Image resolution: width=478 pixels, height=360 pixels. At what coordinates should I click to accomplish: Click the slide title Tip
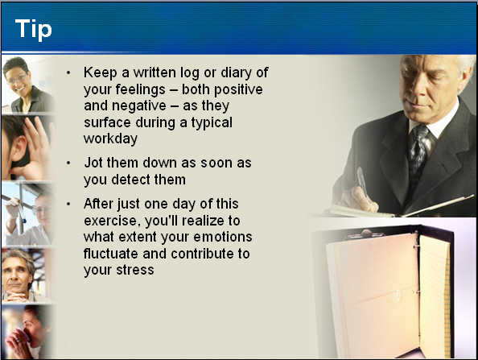point(34,30)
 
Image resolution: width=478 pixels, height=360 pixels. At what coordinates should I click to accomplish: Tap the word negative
point(139,106)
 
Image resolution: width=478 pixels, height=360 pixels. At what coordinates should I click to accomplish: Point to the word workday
point(111,139)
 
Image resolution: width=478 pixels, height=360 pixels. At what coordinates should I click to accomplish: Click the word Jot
point(93,163)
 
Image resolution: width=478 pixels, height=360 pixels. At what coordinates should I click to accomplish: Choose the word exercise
point(110,221)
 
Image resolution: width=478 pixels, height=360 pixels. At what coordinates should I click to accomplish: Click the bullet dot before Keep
point(68,73)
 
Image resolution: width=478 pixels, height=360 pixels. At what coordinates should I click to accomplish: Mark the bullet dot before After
point(68,204)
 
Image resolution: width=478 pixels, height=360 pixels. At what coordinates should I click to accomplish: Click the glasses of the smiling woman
point(16,79)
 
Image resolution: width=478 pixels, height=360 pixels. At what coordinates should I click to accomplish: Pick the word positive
point(237,90)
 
